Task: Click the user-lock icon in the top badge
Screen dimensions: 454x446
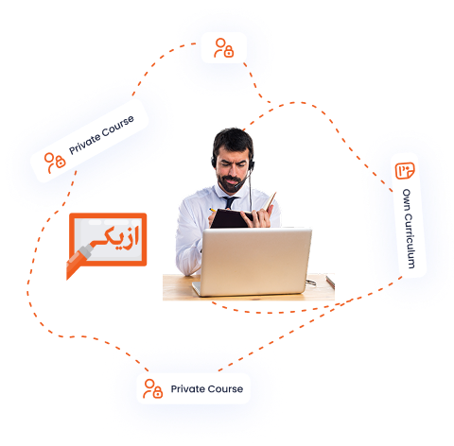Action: coord(224,48)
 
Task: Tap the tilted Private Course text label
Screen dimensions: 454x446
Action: coord(101,135)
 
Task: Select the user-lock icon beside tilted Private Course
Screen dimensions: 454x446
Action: coord(55,163)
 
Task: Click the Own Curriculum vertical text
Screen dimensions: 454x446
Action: coord(409,229)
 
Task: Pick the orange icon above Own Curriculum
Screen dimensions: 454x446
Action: coord(405,171)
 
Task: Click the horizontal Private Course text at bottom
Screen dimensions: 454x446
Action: coord(207,389)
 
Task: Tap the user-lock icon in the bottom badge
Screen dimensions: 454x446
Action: coord(152,388)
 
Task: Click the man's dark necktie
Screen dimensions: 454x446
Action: coord(230,202)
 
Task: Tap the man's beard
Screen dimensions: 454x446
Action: coord(229,182)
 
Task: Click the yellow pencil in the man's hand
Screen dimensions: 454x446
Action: coord(213,210)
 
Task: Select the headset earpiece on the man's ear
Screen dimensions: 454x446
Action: coord(252,164)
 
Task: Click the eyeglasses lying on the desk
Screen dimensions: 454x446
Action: coord(310,283)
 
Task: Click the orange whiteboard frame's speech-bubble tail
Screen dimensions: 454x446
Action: coord(73,271)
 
